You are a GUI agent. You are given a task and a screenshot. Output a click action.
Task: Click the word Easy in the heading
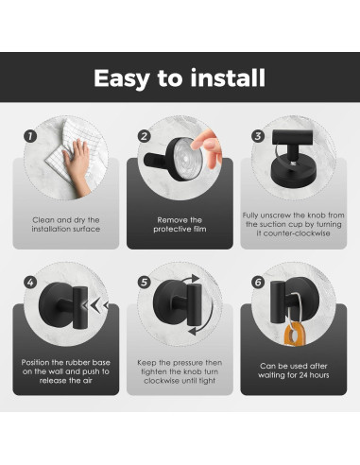pyautogui.click(x=122, y=78)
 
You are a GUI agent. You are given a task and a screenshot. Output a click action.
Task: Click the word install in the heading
pyautogui.click(x=228, y=77)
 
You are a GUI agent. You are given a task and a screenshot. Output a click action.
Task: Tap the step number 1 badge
pyautogui.click(x=30, y=136)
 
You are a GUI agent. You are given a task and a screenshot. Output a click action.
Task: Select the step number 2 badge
pyautogui.click(x=145, y=136)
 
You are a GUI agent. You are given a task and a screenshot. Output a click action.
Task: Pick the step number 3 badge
pyautogui.click(x=258, y=136)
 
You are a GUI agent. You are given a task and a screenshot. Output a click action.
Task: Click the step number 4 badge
pyautogui.click(x=30, y=283)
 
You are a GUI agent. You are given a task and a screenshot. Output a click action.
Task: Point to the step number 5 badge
pyautogui.click(x=145, y=283)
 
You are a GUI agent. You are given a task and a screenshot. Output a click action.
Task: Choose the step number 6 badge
pyautogui.click(x=258, y=283)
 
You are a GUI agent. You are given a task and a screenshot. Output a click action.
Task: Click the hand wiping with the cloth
pyautogui.click(x=77, y=167)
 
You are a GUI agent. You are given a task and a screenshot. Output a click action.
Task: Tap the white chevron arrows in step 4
pyautogui.click(x=95, y=305)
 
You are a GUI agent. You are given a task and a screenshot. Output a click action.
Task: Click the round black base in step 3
pyautogui.click(x=294, y=173)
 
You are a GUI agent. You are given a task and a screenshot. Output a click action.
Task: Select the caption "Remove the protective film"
pyautogui.click(x=180, y=225)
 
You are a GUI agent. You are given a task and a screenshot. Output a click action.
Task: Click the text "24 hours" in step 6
pyautogui.click(x=314, y=375)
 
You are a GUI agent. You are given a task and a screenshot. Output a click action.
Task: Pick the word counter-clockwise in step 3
pyautogui.click(x=297, y=233)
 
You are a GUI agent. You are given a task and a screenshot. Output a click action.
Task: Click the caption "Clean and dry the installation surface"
pyautogui.click(x=66, y=225)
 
